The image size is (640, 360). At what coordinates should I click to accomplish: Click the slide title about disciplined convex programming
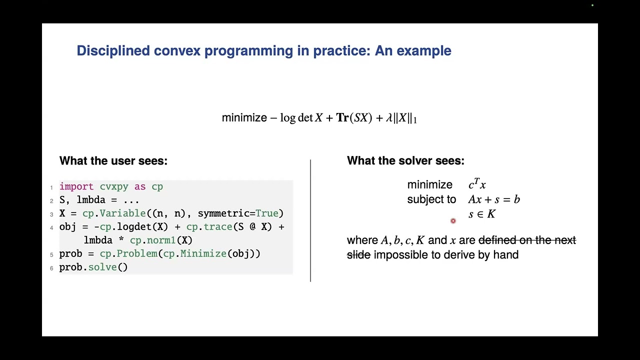tap(263, 51)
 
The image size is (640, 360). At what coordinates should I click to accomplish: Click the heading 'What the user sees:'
tap(113, 161)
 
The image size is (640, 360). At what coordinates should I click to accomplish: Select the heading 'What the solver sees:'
tap(405, 161)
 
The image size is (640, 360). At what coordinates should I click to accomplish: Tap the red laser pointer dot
tap(453, 221)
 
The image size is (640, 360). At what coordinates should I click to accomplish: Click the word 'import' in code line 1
tap(76, 186)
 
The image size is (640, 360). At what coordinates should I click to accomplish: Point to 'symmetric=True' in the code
tap(240, 213)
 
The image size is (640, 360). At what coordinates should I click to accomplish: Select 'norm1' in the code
tap(161, 240)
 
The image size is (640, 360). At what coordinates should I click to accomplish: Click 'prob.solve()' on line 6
tap(93, 267)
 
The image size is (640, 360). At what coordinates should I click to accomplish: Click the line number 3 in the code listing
tap(51, 214)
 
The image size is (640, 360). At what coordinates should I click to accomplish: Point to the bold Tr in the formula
tap(342, 118)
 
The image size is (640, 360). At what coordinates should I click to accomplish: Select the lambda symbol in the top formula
tap(388, 118)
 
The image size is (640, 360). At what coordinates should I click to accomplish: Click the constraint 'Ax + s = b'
tap(493, 199)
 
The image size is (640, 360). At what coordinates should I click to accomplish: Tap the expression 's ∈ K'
tap(481, 214)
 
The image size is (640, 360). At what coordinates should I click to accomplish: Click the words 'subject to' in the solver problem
tap(431, 199)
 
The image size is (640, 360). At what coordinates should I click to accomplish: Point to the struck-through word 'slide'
tap(358, 255)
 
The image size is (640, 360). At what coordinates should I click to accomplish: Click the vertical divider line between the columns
tap(310, 220)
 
